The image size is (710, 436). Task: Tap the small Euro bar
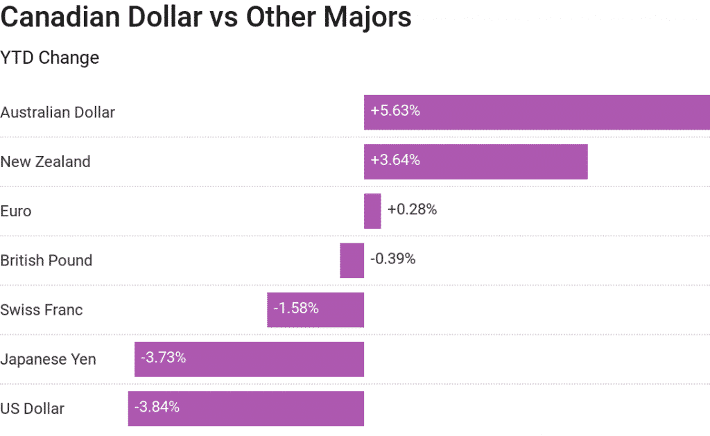point(372,211)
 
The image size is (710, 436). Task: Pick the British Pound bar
point(352,261)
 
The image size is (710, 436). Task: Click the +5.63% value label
point(395,110)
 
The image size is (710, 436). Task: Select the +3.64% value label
point(395,160)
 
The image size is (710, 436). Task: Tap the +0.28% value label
point(412,209)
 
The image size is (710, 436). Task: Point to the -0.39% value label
point(392,259)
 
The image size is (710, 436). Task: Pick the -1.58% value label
point(296,308)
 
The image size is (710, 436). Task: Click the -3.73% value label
point(163,358)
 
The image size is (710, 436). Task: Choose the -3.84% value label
point(157,407)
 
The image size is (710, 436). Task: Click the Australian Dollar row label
point(58,112)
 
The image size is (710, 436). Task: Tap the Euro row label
point(16,211)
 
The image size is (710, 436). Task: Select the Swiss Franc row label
point(42,310)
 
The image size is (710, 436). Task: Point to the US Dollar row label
point(33,408)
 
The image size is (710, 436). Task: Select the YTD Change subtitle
point(50,58)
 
